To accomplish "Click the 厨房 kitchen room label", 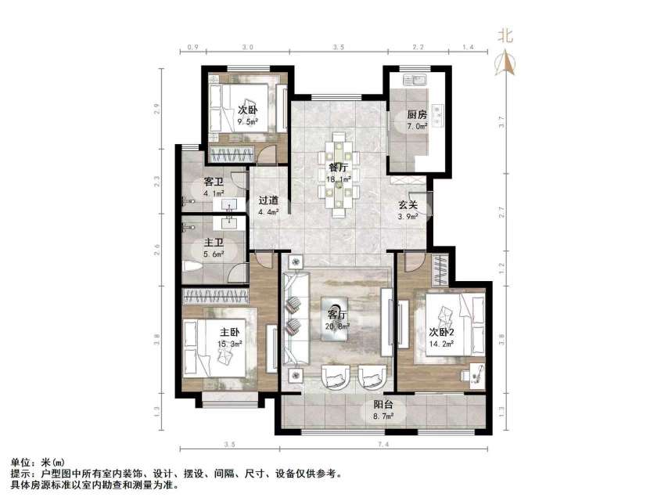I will point(416,114).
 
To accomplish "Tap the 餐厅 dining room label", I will point(337,167).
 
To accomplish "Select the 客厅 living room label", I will point(337,306).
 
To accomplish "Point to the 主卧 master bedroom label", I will point(230,332).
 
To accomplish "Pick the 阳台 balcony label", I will point(382,405).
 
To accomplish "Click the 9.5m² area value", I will point(248,121).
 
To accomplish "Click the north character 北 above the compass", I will point(506,35).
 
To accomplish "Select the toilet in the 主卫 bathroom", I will point(192,266).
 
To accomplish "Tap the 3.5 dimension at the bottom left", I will point(228,445).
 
